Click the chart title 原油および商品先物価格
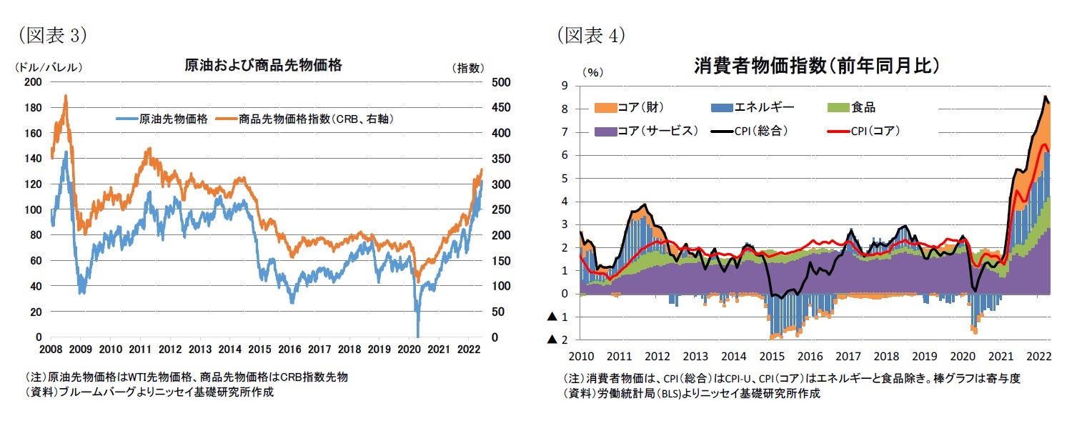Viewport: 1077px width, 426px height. click(263, 66)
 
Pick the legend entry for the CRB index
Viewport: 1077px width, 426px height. click(307, 119)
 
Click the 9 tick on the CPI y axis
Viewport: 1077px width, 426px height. click(565, 86)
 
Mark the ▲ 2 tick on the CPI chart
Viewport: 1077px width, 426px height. click(558, 340)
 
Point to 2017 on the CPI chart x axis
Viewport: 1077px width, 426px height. click(848, 355)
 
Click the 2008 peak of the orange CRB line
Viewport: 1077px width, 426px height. click(66, 96)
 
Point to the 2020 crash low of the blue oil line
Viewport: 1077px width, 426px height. click(417, 335)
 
